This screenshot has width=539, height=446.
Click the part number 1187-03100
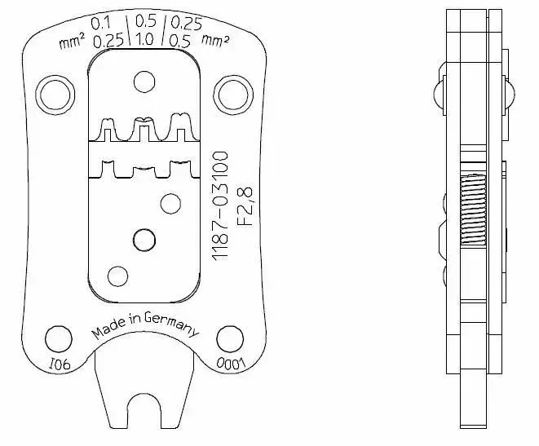(x=220, y=205)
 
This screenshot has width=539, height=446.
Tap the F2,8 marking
(x=245, y=205)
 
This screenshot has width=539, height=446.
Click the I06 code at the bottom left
(x=60, y=364)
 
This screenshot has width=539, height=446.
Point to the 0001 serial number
(x=231, y=364)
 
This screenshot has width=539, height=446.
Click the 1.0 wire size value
(x=144, y=39)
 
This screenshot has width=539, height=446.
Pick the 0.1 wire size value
(x=101, y=24)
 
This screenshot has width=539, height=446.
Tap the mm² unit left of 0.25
(x=72, y=43)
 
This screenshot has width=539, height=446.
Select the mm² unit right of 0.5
(x=215, y=41)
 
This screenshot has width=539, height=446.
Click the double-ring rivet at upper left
(x=55, y=95)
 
